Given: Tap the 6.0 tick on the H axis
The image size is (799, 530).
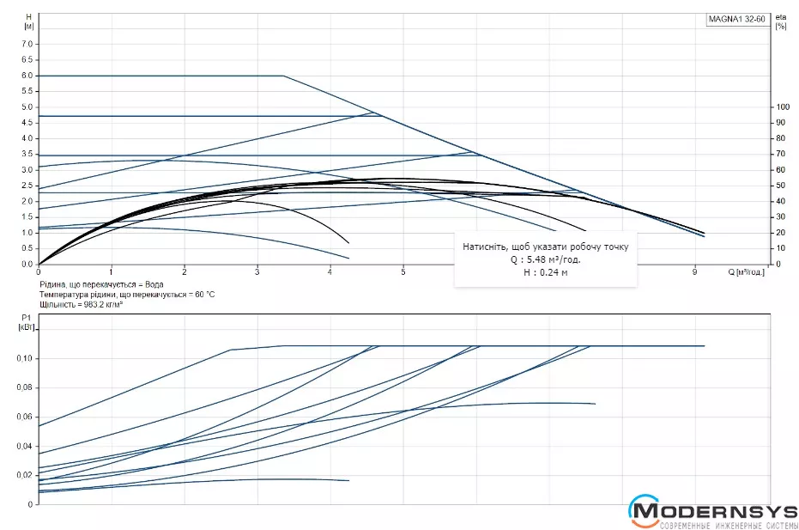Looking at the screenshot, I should coord(27,76).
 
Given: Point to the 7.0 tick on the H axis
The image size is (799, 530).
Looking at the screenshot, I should coord(27,44).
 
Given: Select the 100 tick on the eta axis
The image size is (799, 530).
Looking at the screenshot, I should coord(782,107).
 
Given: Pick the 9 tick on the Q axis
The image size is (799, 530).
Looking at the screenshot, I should coord(694,272).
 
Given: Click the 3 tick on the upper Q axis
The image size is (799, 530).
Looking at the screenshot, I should coord(257,272).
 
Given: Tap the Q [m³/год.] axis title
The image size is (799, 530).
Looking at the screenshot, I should coord(746,272).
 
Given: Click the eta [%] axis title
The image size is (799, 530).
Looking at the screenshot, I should coord(780,21).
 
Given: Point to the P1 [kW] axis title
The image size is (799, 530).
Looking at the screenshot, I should coord(25,322).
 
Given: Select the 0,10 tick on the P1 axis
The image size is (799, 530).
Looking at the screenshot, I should coord(25,358).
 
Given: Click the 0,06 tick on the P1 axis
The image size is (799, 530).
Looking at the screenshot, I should coord(25,417).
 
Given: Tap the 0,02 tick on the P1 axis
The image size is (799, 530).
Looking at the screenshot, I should coord(25,475).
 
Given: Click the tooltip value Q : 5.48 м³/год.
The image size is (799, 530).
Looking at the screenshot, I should coord(546,259).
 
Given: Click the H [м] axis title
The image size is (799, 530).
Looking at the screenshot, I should coord(28,21).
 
